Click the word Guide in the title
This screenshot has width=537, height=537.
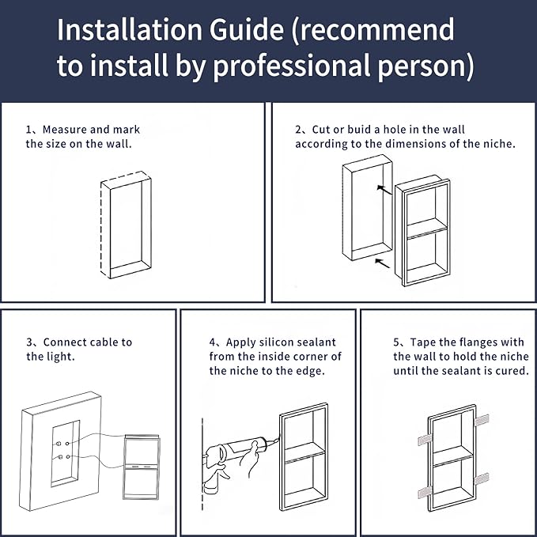[x=246, y=30]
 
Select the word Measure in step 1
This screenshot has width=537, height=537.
[x=64, y=130]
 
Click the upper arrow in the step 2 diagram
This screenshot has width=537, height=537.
[x=384, y=190]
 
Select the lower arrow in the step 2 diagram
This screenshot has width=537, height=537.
[x=383, y=263]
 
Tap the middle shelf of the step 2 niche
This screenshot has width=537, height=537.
[x=427, y=228]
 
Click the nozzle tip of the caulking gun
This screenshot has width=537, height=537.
[x=278, y=438]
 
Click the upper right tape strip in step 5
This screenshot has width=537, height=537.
[x=482, y=420]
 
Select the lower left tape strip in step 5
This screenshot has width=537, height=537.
[x=425, y=493]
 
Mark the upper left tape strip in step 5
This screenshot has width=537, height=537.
[x=425, y=440]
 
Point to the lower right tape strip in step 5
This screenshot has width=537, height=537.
[x=482, y=478]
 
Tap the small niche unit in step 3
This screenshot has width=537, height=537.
[x=141, y=467]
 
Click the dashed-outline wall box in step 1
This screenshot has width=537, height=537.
[x=126, y=225]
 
